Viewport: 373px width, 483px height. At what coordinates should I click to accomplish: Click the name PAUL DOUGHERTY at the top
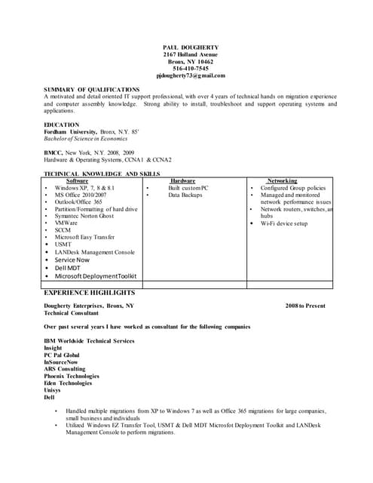pyautogui.click(x=191, y=48)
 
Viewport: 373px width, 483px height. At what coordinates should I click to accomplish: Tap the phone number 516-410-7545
pyautogui.click(x=191, y=69)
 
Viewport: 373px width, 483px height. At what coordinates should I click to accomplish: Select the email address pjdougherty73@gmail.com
pyautogui.click(x=191, y=75)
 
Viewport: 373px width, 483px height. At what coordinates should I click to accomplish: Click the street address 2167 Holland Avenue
pyautogui.click(x=191, y=54)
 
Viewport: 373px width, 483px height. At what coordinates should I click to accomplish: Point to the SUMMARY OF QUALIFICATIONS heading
pyautogui.click(x=91, y=90)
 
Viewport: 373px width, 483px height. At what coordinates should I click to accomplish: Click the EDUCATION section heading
pyautogui.click(x=61, y=125)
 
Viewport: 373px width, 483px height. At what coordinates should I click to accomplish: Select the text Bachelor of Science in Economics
pyautogui.click(x=86, y=138)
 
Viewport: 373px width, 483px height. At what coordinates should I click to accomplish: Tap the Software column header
pyautogui.click(x=78, y=181)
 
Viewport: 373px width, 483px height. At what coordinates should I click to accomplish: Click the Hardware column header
pyautogui.click(x=182, y=181)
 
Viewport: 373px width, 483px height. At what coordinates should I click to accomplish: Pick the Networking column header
pyautogui.click(x=282, y=181)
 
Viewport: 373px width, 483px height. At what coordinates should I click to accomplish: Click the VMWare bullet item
pyautogui.click(x=66, y=223)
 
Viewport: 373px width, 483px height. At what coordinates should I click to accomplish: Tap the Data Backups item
pyautogui.click(x=185, y=195)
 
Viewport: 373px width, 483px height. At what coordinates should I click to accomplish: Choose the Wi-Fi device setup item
pyautogui.click(x=284, y=223)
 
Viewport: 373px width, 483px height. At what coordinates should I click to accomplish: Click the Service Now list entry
pyautogui.click(x=72, y=260)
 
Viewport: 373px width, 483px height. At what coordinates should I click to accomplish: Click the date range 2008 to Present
pyautogui.click(x=305, y=306)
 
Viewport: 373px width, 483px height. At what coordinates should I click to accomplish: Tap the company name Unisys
pyautogui.click(x=54, y=390)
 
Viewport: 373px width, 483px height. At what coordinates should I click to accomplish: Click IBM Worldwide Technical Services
pyautogui.click(x=89, y=341)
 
